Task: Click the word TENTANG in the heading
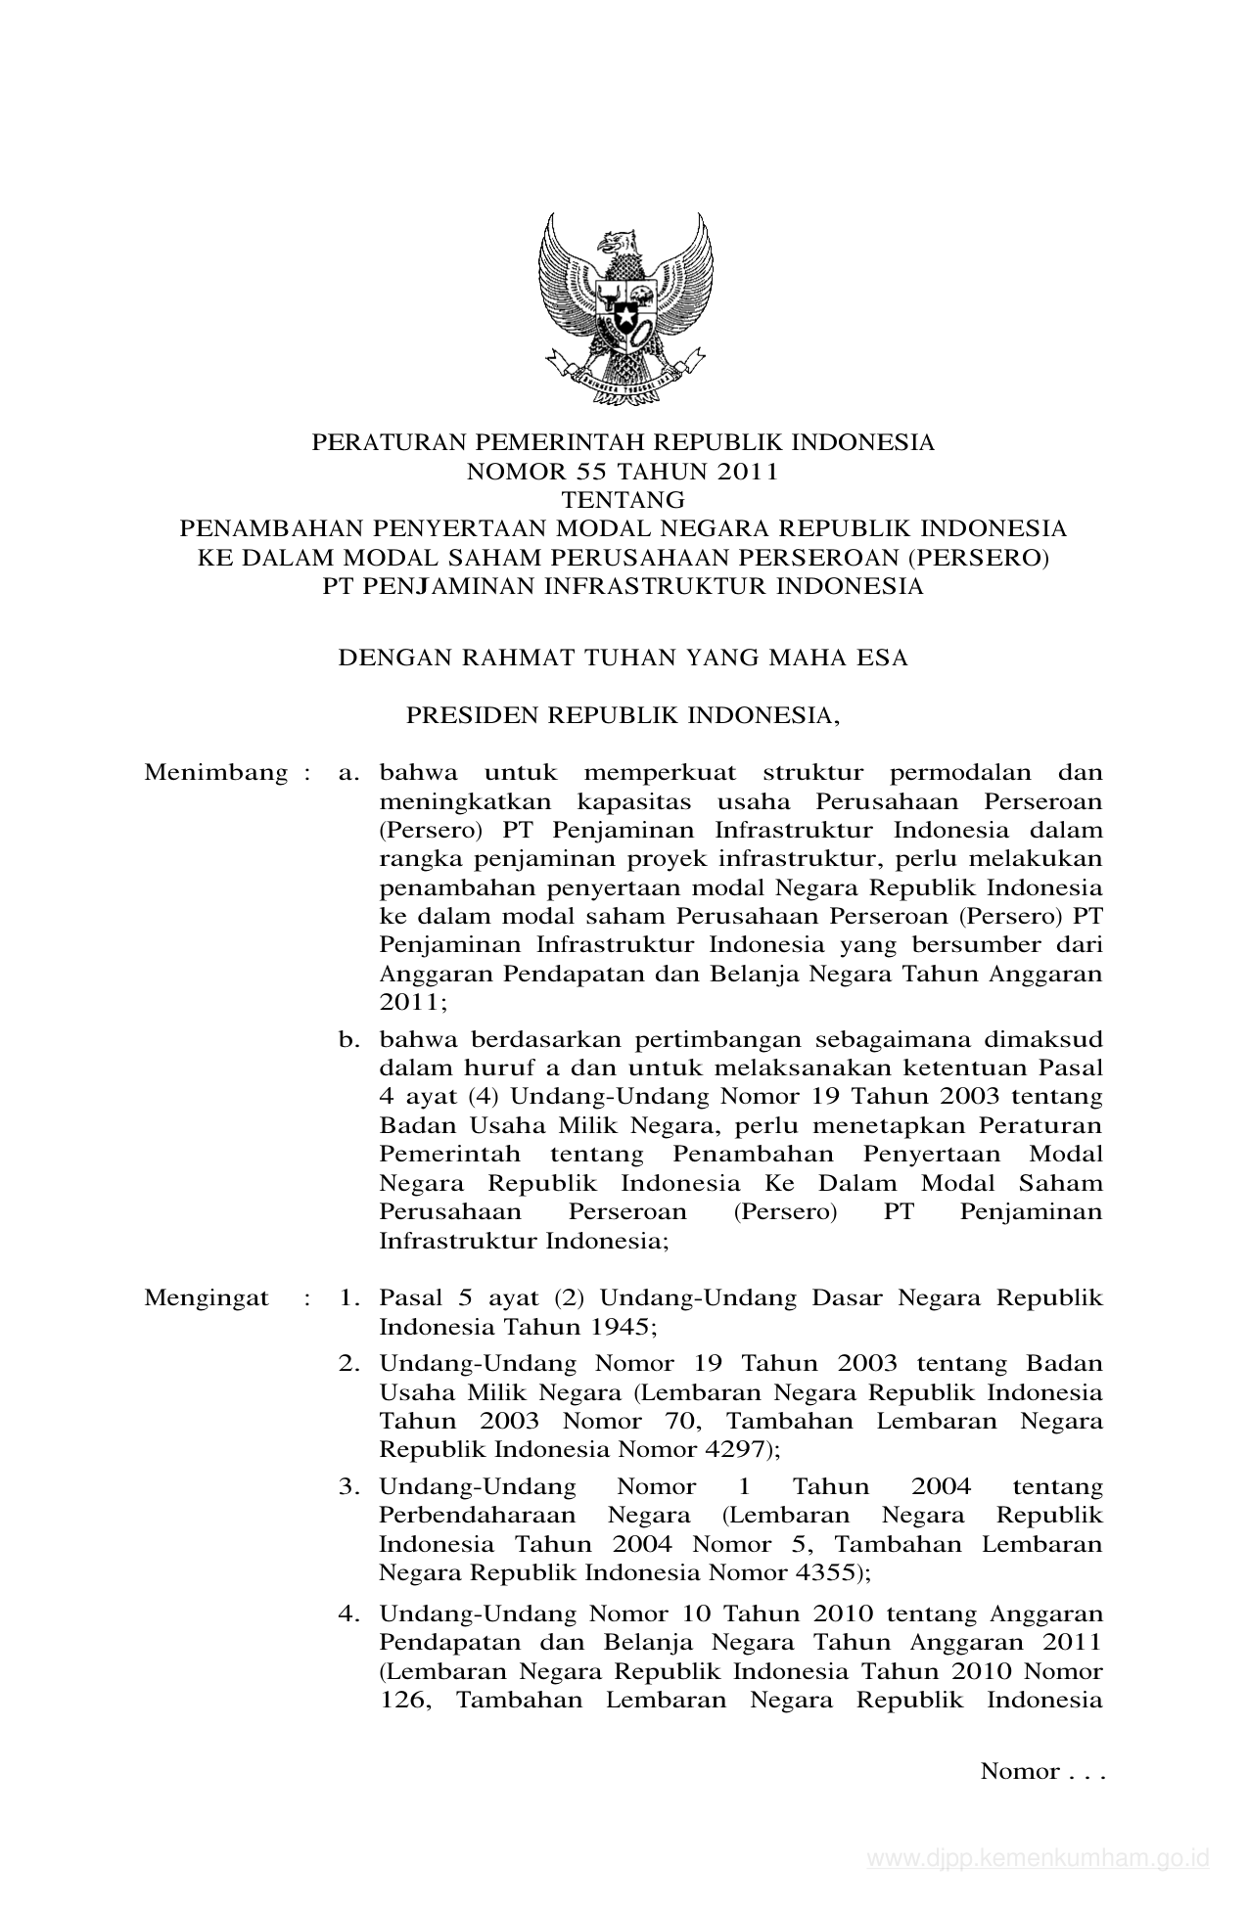[623, 500]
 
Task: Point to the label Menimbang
[215, 772]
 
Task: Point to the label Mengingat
[206, 1298]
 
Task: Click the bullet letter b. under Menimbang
[349, 1039]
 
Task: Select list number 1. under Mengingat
[349, 1298]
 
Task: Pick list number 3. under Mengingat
[349, 1487]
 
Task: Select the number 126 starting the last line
[401, 1700]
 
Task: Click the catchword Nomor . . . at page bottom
[1041, 1772]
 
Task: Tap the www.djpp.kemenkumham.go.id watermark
[1038, 1858]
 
